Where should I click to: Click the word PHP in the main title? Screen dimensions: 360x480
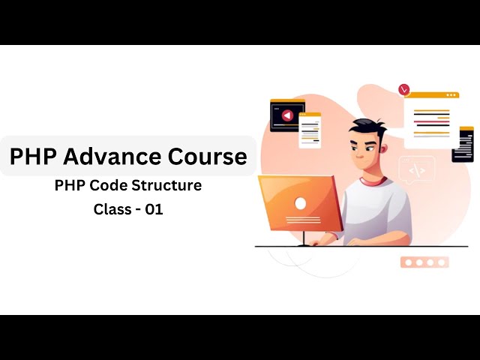33,156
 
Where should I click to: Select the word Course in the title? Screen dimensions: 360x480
206,156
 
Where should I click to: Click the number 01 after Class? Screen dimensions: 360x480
154,210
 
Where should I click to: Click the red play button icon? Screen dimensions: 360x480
286,115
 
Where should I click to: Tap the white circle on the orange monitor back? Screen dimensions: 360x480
300,203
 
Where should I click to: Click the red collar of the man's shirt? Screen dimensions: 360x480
373,181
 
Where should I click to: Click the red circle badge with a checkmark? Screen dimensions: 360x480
405,89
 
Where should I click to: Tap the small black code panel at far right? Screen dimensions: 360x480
463,144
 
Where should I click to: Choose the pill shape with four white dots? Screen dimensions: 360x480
424,262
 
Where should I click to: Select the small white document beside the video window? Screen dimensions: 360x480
310,130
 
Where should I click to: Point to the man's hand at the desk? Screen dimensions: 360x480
322,240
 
